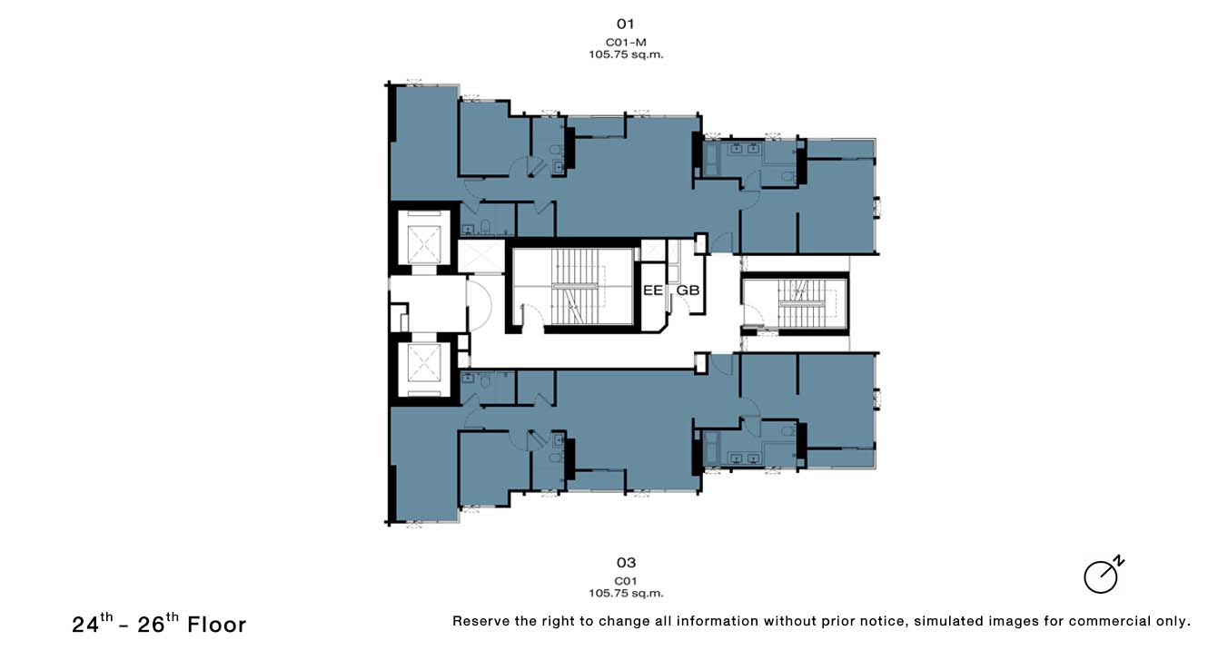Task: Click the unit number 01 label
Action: point(626,25)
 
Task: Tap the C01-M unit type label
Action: point(626,42)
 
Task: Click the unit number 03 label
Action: point(626,563)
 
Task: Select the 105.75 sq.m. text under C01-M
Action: point(626,54)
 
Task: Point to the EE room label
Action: point(652,291)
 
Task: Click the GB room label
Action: point(688,291)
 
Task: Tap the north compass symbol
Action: point(1104,576)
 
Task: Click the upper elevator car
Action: point(424,244)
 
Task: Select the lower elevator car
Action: point(424,363)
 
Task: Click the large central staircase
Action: point(575,287)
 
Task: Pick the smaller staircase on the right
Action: point(801,303)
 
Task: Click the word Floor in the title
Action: point(217,626)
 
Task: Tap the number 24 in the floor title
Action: point(85,626)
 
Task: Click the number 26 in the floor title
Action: point(151,626)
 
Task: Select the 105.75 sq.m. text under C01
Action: point(626,594)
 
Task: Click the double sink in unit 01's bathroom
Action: point(745,148)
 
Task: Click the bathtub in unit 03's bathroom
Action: point(710,448)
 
